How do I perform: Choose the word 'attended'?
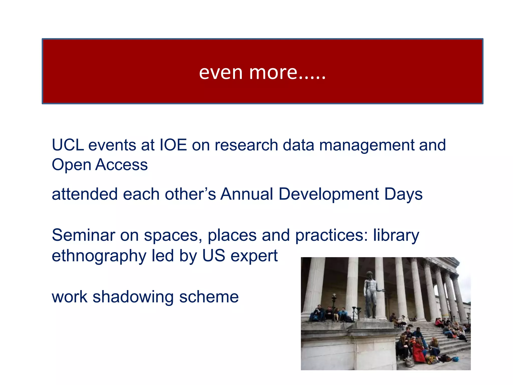(x=84, y=194)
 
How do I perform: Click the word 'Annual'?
(x=247, y=194)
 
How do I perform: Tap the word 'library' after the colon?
(x=396, y=236)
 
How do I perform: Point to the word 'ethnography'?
(x=99, y=256)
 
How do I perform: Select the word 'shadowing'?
(x=133, y=297)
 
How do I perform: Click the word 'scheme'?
(x=209, y=297)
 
